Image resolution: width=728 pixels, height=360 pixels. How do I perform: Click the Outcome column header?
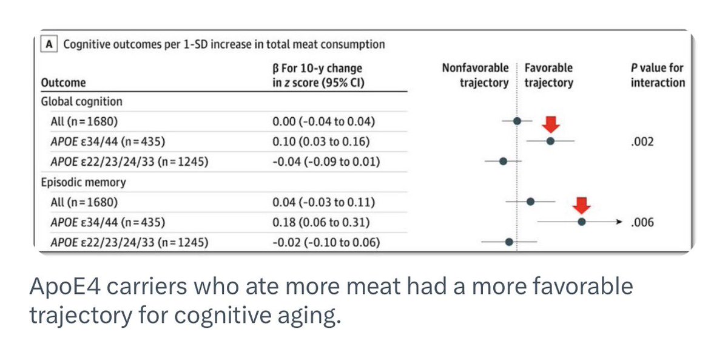point(63,83)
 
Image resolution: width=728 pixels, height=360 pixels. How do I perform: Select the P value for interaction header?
point(658,75)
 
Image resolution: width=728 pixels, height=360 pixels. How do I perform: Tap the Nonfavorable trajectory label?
point(476,75)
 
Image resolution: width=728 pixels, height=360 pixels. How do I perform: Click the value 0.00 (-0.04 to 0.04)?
point(323,121)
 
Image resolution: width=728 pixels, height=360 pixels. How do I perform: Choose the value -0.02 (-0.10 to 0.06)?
point(326,242)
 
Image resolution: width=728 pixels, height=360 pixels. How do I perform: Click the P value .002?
point(643,141)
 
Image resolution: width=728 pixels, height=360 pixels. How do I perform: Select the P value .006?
point(643,222)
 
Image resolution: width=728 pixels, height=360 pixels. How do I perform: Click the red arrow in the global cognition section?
point(551,124)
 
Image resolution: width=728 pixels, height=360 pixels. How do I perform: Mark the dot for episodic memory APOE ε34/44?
point(581,222)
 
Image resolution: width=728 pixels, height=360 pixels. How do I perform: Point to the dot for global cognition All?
point(517,121)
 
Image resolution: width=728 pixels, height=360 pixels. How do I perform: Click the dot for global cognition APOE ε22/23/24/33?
point(503,161)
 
